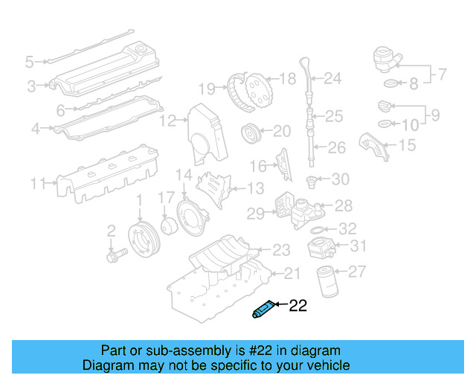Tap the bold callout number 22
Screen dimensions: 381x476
(x=297, y=304)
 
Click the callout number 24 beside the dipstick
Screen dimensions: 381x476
(x=332, y=77)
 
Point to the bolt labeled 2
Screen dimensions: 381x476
(x=115, y=252)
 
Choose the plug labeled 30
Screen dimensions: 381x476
(x=313, y=179)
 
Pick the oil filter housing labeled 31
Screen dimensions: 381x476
(x=325, y=246)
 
